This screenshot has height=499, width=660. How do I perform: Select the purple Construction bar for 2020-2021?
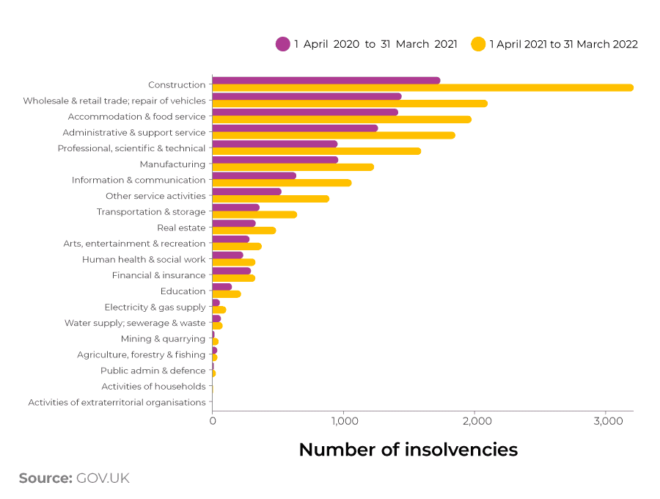pos(326,80)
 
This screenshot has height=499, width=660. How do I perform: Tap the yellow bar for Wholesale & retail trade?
pos(349,103)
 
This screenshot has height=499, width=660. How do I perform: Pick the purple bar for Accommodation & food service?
pos(304,112)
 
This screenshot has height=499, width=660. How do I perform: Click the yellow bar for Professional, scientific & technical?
pos(316,151)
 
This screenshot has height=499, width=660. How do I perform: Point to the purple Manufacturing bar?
pos(274,159)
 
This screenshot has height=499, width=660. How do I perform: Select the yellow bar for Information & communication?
pos(282,183)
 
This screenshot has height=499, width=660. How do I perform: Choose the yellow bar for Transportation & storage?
pos(254,214)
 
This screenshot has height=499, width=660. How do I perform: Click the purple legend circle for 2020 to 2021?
pos(283,44)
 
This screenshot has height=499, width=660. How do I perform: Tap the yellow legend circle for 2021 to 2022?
pos(478,44)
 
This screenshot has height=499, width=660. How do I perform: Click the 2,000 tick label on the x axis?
pos(474,422)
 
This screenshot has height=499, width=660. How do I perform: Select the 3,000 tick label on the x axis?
pos(605,422)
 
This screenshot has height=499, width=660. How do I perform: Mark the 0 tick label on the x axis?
pos(213,422)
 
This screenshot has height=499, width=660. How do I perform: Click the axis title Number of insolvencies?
pos(408,450)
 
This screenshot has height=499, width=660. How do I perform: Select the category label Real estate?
pos(181,227)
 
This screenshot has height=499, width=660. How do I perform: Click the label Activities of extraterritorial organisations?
pos(117,402)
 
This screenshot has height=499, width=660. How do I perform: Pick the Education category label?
pos(183,291)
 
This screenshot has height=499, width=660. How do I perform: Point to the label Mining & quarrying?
pos(163,339)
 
